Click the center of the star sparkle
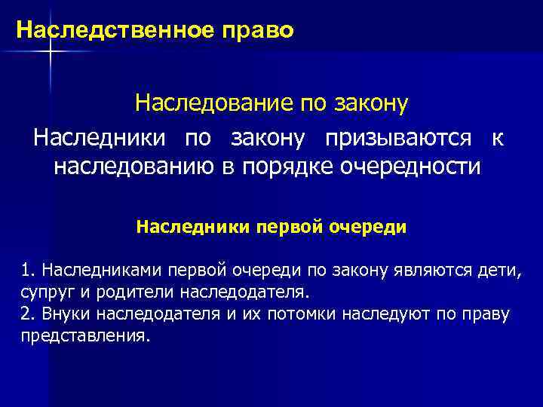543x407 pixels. pyautogui.click(x=51, y=50)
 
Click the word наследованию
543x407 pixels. pyautogui.click(x=133, y=166)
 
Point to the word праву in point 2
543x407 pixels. pyautogui.click(x=489, y=313)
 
